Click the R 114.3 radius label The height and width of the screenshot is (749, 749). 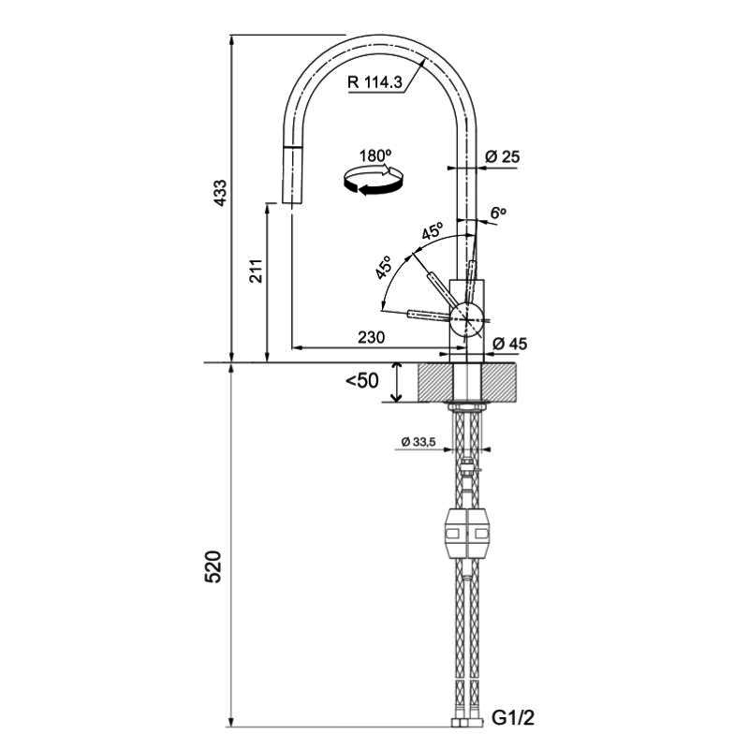pos(374,81)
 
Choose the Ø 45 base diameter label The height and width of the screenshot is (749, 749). pos(509,344)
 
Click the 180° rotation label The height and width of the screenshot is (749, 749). pos(374,154)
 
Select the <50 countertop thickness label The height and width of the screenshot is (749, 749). pos(361,381)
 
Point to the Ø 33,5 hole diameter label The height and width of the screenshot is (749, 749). pos(418,442)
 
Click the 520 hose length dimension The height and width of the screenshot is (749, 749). pos(214,566)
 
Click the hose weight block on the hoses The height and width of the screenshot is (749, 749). pos(467,535)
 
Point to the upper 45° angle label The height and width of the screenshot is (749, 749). pos(432,231)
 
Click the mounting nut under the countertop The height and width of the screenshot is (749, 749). pos(467,406)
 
